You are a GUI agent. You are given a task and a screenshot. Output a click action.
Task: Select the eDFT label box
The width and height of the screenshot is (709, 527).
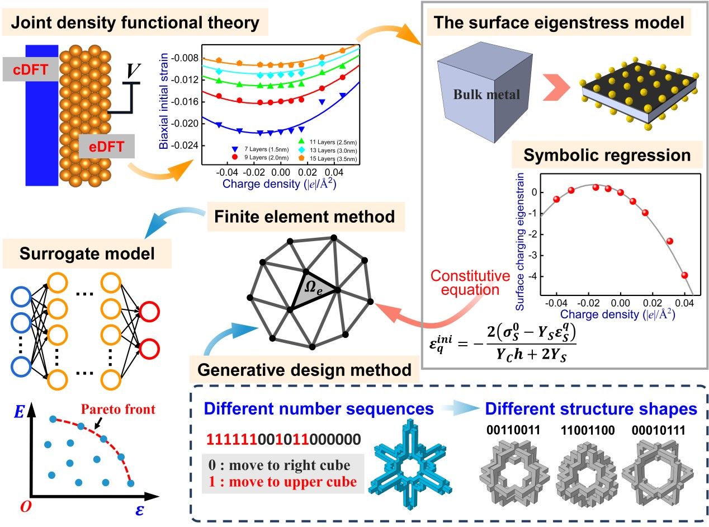coord(106,148)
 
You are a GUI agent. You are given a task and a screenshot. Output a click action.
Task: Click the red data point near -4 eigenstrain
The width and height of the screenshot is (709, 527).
coord(684,275)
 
